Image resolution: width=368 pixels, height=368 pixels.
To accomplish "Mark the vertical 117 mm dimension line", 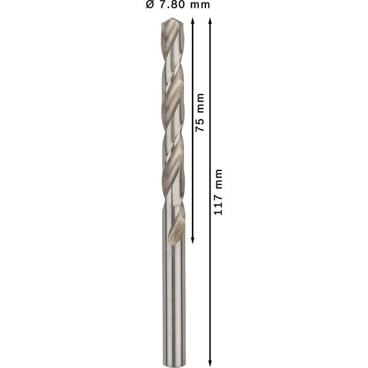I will [x=212, y=276].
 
